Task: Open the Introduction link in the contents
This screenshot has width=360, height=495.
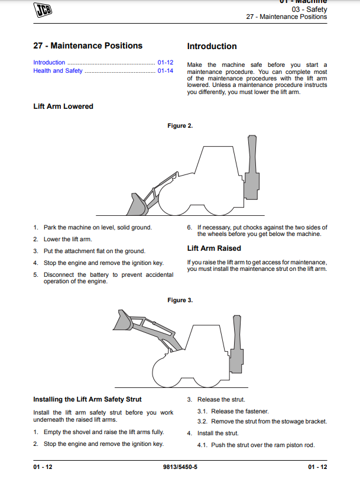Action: [x=49, y=62]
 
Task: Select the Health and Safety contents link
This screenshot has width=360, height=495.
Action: [x=58, y=71]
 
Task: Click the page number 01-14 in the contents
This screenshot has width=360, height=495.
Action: [x=165, y=71]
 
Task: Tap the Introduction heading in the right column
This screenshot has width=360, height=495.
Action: [x=212, y=46]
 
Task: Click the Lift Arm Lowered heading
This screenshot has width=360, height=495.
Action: [x=63, y=106]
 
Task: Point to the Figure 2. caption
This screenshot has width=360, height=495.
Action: [x=180, y=125]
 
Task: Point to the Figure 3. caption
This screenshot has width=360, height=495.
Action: [x=180, y=300]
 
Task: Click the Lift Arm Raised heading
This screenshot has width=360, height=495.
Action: [x=214, y=248]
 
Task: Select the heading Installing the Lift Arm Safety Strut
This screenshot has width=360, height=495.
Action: [x=87, y=399]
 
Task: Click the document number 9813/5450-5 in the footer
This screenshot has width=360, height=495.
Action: [x=180, y=467]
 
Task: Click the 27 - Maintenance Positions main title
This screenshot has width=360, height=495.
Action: [x=87, y=46]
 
